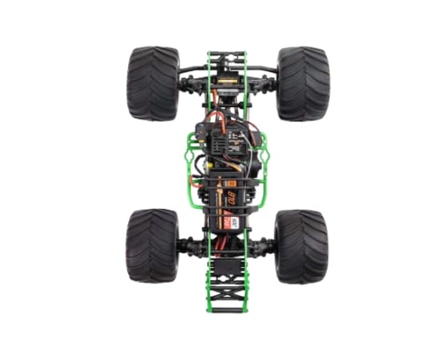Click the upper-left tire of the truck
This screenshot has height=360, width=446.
153,84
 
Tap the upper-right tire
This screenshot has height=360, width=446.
302,84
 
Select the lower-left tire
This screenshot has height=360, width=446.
153,246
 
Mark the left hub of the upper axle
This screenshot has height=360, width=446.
188,84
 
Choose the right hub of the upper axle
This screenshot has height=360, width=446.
268,84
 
